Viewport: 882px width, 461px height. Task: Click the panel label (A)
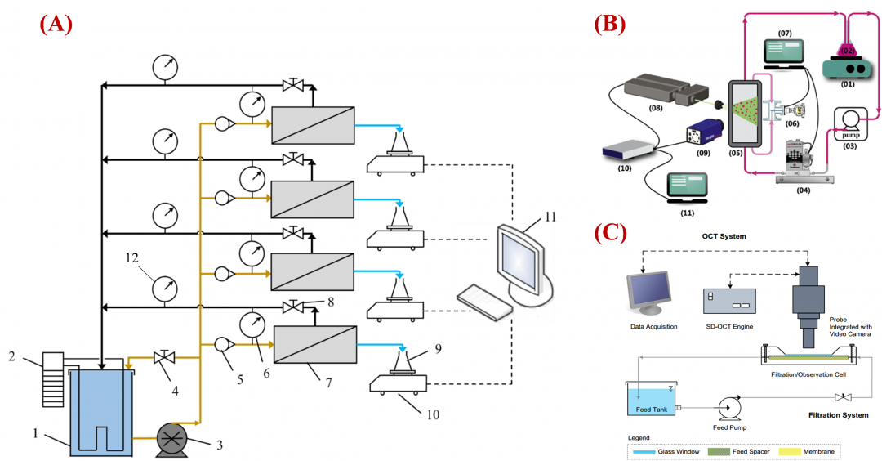pyautogui.click(x=56, y=24)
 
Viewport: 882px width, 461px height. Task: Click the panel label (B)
pyautogui.click(x=609, y=24)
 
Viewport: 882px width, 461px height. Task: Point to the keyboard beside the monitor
pyautogui.click(x=484, y=300)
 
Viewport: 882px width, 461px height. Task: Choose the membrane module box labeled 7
pyautogui.click(x=315, y=345)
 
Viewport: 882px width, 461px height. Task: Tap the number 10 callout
pyautogui.click(x=433, y=414)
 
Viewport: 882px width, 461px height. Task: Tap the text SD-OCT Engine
pyautogui.click(x=729, y=326)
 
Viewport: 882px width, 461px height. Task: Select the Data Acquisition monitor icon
pyautogui.click(x=648, y=293)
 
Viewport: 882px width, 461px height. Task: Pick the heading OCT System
pyautogui.click(x=724, y=237)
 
